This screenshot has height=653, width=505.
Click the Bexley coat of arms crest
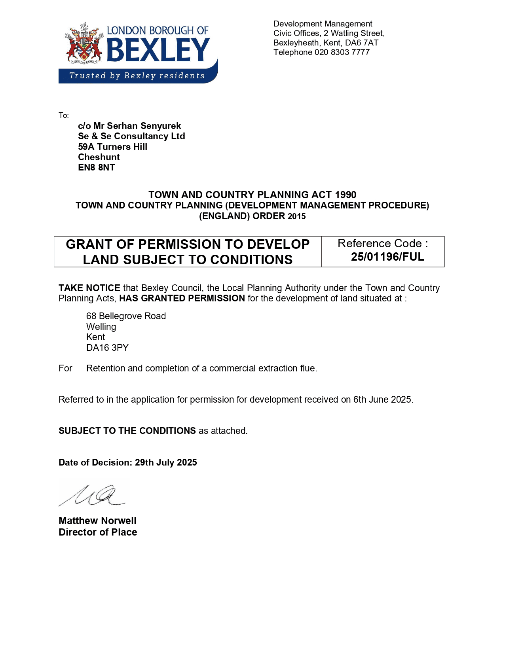click(84, 44)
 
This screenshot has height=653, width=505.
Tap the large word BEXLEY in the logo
click(158, 50)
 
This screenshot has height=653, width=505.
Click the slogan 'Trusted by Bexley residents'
click(137, 76)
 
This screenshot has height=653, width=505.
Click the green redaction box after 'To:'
click(105, 115)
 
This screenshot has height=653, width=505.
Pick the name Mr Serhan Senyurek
click(137, 126)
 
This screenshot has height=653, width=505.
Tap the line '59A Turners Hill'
click(112, 147)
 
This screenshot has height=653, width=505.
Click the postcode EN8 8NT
click(97, 168)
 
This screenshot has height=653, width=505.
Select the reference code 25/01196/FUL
click(387, 257)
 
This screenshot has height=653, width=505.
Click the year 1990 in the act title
click(346, 195)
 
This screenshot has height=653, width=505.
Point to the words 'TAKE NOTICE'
click(89, 288)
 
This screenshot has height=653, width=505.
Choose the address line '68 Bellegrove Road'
click(126, 316)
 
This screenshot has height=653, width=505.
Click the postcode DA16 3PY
click(107, 348)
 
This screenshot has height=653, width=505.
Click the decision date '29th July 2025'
click(166, 463)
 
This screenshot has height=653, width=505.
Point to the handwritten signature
click(93, 495)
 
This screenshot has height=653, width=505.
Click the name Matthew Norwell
click(97, 521)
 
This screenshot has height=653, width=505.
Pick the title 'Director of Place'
click(98, 532)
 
